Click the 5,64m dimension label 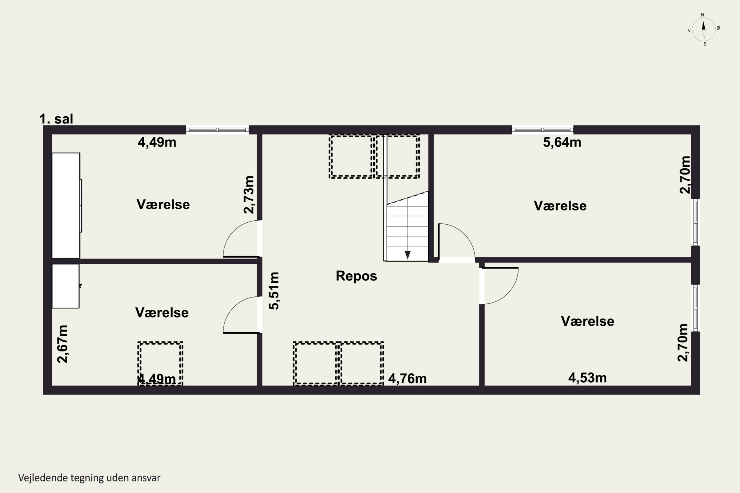562,142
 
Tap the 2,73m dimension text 249,195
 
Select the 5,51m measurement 274,291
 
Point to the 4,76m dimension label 407,379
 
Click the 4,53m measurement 587,378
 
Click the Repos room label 356,276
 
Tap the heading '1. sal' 56,119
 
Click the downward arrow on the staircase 407,254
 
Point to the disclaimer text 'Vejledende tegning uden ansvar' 89,478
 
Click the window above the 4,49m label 217,130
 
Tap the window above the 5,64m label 542,130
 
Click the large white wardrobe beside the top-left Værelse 66,206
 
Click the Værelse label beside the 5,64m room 560,206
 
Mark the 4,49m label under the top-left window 157,142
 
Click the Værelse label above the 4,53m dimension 587,321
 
